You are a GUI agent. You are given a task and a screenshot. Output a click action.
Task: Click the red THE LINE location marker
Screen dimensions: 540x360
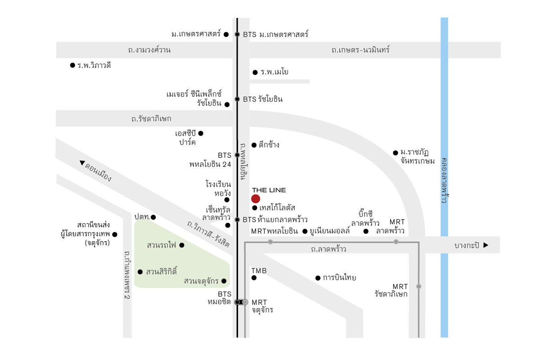256,199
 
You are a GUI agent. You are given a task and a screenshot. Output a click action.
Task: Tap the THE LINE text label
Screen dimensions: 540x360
269,190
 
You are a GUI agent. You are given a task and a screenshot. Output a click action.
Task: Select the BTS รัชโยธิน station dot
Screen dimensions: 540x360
237,99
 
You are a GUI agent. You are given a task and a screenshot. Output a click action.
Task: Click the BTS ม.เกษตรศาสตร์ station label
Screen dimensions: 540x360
275,34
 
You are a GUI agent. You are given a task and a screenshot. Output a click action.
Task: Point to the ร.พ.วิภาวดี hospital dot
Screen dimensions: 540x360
72,65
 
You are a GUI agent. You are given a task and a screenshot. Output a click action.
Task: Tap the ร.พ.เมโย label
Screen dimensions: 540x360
274,72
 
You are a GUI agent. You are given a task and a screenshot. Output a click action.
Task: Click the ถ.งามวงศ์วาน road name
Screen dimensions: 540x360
149,50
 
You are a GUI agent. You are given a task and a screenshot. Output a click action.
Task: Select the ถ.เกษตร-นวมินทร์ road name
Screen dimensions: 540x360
360,50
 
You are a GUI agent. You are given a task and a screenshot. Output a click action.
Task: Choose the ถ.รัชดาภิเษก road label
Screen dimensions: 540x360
151,119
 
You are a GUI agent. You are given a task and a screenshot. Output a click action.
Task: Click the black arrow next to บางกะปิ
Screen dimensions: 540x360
486,245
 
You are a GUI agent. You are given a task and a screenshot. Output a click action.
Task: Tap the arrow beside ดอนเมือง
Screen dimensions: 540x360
82,163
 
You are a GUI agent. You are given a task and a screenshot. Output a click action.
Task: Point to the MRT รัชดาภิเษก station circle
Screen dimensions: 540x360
419,286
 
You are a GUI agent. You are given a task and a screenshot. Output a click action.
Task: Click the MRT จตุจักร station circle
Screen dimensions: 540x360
245,302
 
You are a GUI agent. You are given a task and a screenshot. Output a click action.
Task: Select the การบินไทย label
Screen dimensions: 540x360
339,278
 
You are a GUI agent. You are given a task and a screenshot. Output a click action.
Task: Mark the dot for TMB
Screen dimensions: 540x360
254,278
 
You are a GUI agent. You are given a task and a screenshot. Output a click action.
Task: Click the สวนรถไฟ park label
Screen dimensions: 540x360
162,245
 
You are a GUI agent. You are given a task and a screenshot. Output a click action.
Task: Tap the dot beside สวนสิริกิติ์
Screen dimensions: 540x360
140,272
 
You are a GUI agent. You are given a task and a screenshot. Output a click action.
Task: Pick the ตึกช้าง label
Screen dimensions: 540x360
269,145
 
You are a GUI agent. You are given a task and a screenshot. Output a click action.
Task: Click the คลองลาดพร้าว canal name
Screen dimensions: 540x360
444,180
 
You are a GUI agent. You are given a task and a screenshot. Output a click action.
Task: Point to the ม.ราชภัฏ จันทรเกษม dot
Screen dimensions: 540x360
396,153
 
